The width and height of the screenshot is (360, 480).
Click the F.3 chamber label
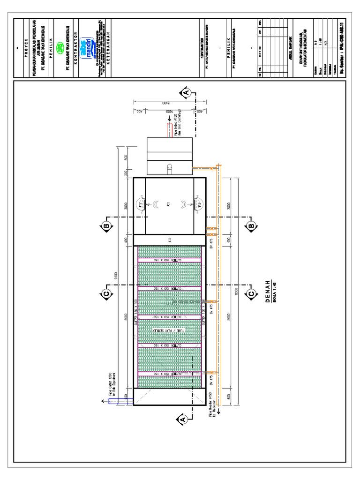(170, 240)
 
